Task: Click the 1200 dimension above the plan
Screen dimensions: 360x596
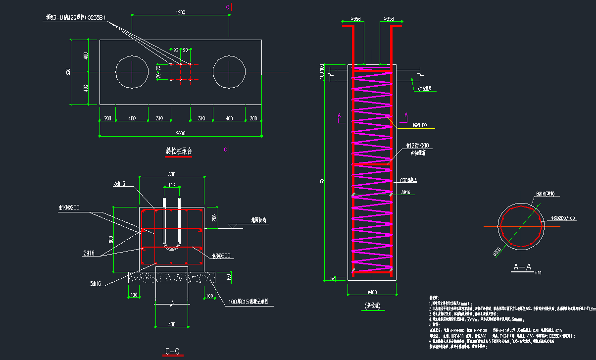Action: click(180, 12)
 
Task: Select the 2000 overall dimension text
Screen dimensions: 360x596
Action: click(180, 133)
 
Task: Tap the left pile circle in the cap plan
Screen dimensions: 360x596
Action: click(132, 72)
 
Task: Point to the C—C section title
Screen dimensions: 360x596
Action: click(172, 352)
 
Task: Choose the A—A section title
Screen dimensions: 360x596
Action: click(522, 267)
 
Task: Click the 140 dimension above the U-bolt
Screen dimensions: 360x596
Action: click(171, 184)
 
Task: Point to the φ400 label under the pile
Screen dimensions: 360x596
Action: click(372, 291)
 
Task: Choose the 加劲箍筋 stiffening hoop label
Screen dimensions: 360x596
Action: click(418, 153)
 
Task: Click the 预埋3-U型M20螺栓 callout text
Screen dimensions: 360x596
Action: click(76, 17)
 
